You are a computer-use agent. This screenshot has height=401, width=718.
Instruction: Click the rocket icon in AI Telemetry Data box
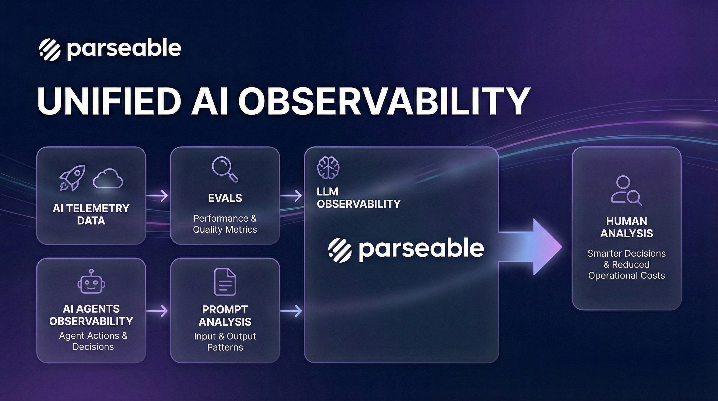click(72, 178)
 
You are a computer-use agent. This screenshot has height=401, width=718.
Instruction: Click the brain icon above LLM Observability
click(328, 167)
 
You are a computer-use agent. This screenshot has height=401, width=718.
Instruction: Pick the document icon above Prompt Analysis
click(225, 282)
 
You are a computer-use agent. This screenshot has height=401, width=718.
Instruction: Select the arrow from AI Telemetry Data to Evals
click(157, 196)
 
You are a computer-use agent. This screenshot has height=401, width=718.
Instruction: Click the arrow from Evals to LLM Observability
click(291, 196)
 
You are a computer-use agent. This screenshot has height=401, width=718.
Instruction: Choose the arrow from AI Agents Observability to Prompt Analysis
click(157, 311)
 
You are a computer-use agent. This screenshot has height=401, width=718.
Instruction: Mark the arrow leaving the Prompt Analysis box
click(291, 311)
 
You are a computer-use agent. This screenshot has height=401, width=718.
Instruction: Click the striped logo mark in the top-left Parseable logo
click(50, 50)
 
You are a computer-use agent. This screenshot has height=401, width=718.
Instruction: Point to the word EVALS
click(225, 198)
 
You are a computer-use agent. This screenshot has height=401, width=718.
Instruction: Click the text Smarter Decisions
click(627, 253)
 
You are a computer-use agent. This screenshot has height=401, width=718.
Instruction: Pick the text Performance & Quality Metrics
click(225, 224)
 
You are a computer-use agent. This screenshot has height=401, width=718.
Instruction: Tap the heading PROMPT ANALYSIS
click(225, 316)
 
